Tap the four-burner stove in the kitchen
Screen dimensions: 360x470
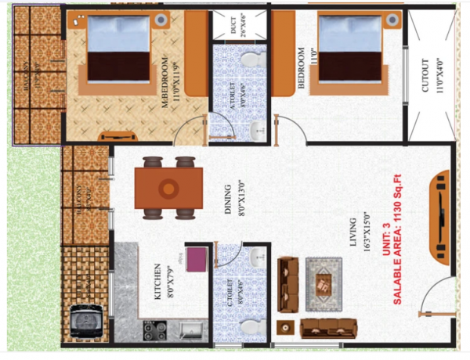(153, 330)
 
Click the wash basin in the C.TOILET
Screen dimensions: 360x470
(258, 259)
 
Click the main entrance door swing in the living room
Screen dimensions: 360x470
(436, 297)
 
